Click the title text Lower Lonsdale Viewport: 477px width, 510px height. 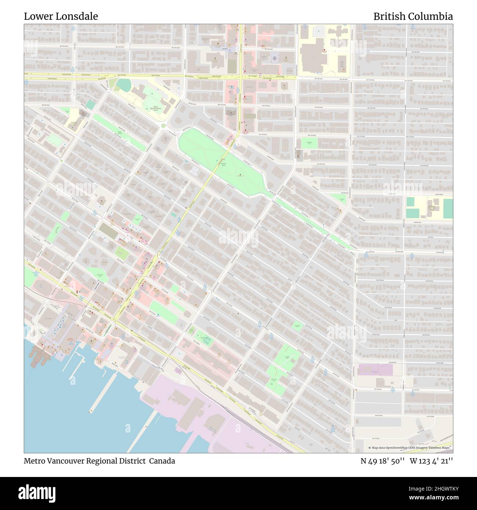[x=61, y=17]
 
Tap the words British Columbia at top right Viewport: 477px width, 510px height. [x=413, y=17]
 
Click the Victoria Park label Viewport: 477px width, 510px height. [x=223, y=164]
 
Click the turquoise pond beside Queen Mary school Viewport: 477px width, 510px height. [x=124, y=85]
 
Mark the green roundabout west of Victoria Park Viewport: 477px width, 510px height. [x=163, y=126]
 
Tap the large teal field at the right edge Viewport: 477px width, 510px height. [x=448, y=208]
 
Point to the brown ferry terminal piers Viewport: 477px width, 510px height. [x=39, y=353]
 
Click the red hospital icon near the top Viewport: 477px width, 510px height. [x=324, y=51]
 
